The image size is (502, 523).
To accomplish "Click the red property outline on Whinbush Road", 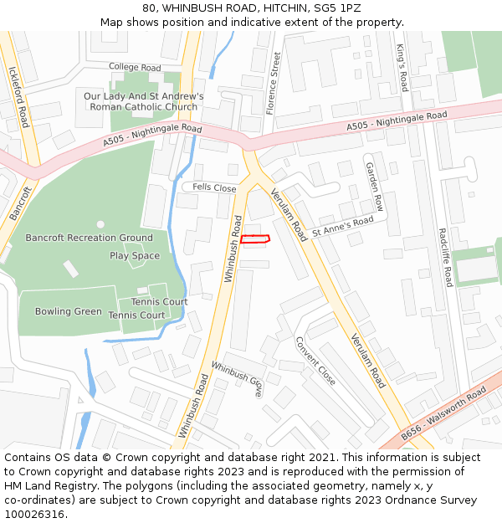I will click(x=255, y=239).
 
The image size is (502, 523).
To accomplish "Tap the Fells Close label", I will click(x=215, y=188).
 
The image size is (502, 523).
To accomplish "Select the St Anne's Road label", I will click(x=343, y=226).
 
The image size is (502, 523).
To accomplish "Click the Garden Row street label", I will click(x=373, y=186).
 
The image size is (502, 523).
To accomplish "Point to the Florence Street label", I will click(x=271, y=84).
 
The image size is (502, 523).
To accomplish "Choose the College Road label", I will click(x=135, y=67).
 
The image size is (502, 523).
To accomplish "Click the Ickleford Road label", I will click(x=18, y=97).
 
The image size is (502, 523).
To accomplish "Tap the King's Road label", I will click(x=402, y=68).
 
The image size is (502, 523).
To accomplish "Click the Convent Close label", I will click(x=315, y=361).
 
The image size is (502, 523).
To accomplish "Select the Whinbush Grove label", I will click(x=237, y=378).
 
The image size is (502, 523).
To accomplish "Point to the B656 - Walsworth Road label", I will click(x=443, y=414).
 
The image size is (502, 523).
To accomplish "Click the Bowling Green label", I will click(x=69, y=312).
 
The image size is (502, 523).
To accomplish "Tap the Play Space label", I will click(x=135, y=256).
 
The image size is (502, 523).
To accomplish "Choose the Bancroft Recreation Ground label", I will click(x=90, y=238).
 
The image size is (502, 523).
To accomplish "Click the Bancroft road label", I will click(x=20, y=203).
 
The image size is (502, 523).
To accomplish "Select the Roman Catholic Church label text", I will click(x=143, y=107).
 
